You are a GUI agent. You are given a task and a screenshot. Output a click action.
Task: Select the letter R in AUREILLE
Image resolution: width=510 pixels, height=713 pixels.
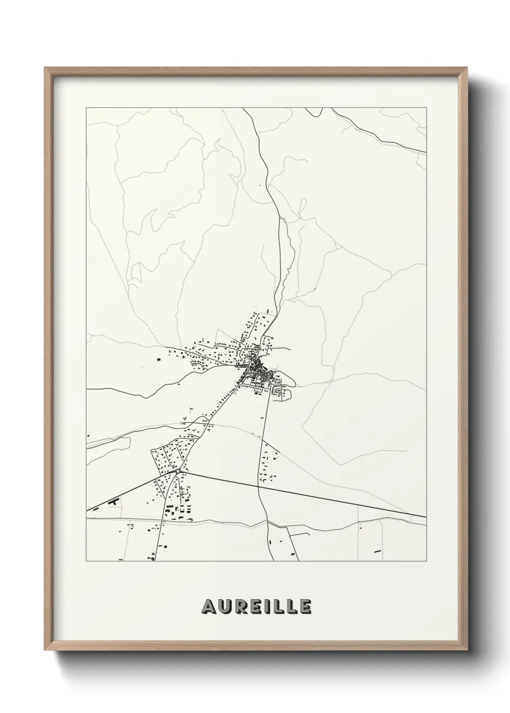(x=239, y=607)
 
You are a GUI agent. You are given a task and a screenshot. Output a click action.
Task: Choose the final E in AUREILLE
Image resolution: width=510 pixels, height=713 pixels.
(x=305, y=607)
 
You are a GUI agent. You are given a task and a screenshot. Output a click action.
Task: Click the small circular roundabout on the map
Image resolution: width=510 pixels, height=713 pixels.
(x=178, y=471)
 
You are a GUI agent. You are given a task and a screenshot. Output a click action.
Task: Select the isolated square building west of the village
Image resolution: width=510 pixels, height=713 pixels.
(x=158, y=358)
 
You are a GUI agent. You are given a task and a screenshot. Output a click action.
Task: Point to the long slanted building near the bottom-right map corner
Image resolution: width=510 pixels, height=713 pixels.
(x=377, y=551)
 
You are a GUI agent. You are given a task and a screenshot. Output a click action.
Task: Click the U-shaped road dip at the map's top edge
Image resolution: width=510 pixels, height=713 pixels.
(x=314, y=114)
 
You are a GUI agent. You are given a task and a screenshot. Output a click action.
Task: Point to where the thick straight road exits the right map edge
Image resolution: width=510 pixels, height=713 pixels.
(x=425, y=516)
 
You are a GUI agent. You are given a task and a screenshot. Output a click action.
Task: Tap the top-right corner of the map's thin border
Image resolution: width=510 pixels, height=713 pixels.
(x=427, y=108)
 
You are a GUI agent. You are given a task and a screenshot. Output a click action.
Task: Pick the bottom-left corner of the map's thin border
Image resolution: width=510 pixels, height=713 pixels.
(x=86, y=561)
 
